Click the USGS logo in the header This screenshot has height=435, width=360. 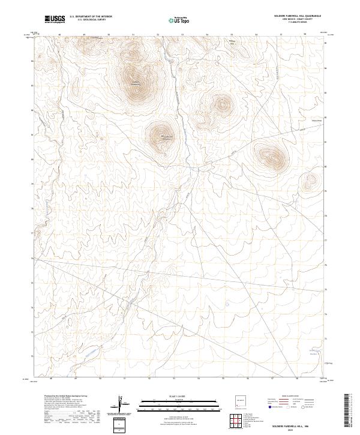tap(55, 20)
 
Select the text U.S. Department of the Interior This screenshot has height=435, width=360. tap(91, 17)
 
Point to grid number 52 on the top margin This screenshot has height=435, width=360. tap(158, 34)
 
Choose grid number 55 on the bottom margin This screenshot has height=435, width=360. tap(223, 379)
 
